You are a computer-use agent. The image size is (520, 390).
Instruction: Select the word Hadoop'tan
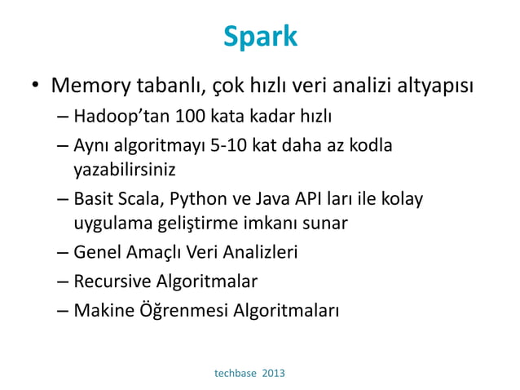pos(115,115)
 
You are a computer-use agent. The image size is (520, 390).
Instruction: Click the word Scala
pos(139,199)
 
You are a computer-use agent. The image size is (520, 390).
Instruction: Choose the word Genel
pos(95,253)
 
